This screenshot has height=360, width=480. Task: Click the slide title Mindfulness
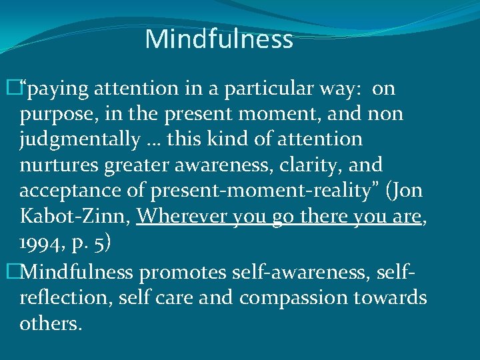click(219, 39)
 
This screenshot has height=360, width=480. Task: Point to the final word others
click(50, 323)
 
